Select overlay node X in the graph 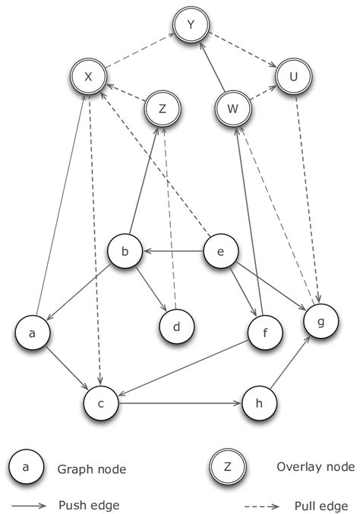[88, 77]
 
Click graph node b [125, 251]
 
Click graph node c [104, 402]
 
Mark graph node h [259, 402]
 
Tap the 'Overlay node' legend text [302, 468]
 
